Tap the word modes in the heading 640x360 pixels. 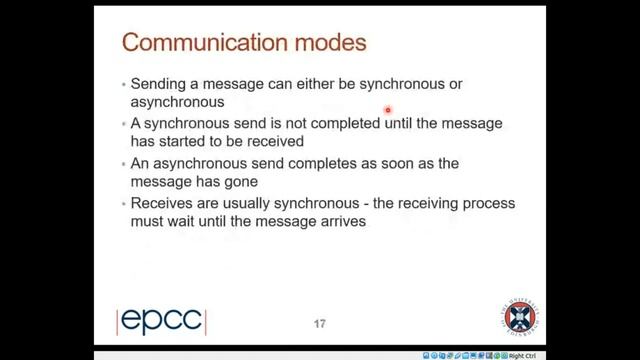click(326, 43)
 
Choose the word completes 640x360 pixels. click(320, 163)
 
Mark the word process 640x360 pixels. click(487, 203)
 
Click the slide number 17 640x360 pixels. click(320, 323)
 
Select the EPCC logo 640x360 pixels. click(161, 321)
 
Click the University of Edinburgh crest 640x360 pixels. click(518, 318)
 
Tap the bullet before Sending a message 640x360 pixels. click(122, 83)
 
